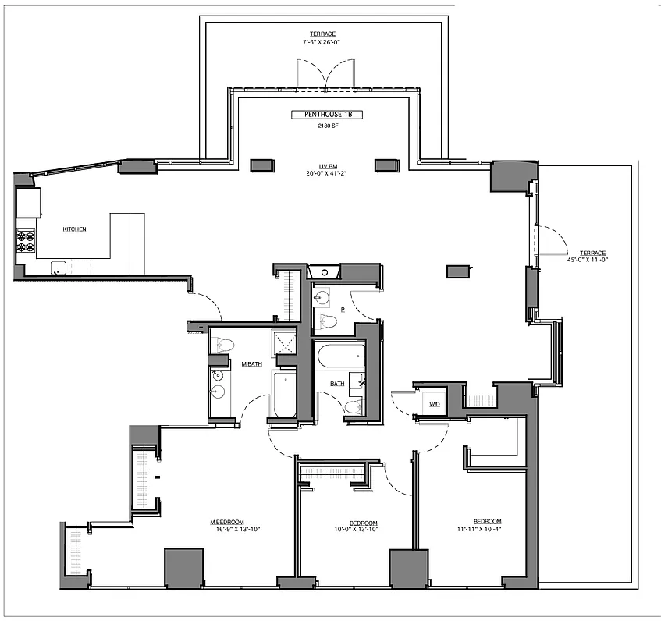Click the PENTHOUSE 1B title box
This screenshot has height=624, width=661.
[x=327, y=115]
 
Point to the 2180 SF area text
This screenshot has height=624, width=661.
[x=327, y=126]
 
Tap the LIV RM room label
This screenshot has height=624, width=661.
[x=326, y=165]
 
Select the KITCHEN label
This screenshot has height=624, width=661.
[x=74, y=229]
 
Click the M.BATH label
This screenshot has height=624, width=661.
[x=251, y=364]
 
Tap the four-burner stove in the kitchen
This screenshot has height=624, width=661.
[x=26, y=241]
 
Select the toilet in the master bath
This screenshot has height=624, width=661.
[x=223, y=345]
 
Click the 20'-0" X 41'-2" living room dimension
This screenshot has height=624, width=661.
[x=326, y=173]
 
